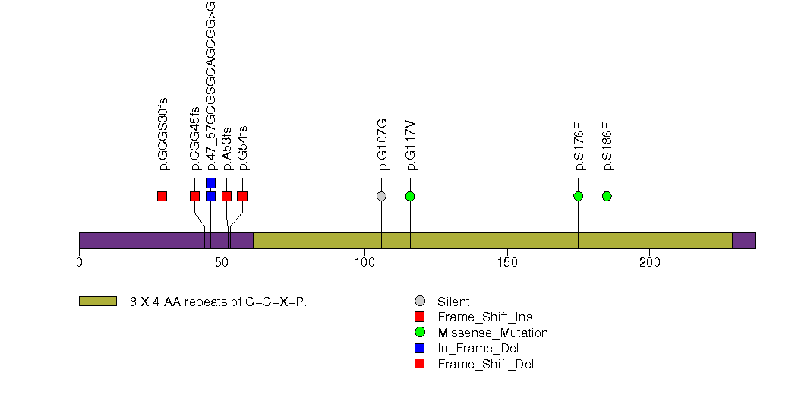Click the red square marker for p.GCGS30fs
(x=162, y=196)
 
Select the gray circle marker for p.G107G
(x=381, y=196)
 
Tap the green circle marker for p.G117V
(x=410, y=196)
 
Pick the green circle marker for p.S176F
(x=578, y=196)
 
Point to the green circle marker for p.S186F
(x=607, y=196)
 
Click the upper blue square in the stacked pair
(x=210, y=183)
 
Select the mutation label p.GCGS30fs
(x=162, y=134)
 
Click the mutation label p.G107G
(x=382, y=144)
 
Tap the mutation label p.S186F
(x=607, y=146)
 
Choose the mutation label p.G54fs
(x=243, y=147)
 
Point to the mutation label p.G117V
(x=411, y=144)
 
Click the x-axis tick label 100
(x=364, y=263)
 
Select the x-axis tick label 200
(x=650, y=263)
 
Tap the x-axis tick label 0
(x=79, y=263)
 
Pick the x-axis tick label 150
(x=507, y=263)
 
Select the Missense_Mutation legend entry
(x=492, y=333)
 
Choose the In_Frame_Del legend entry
(x=478, y=348)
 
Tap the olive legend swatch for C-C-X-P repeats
(x=97, y=301)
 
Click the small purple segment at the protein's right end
(x=743, y=240)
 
